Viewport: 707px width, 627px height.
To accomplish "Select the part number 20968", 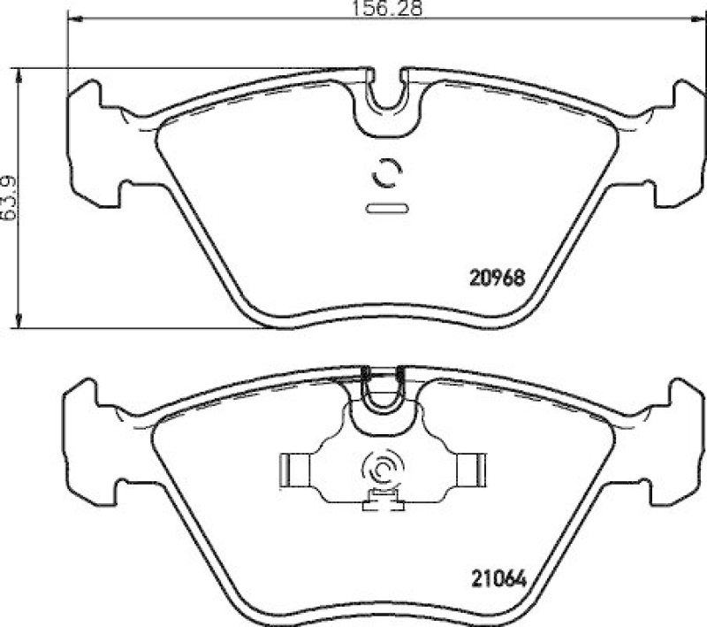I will tap(496, 276).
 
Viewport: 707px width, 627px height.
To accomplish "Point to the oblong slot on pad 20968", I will tap(386, 209).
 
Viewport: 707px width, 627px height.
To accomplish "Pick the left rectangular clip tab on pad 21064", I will tap(293, 466).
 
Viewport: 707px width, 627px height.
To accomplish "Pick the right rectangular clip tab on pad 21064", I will tap(471, 466).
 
